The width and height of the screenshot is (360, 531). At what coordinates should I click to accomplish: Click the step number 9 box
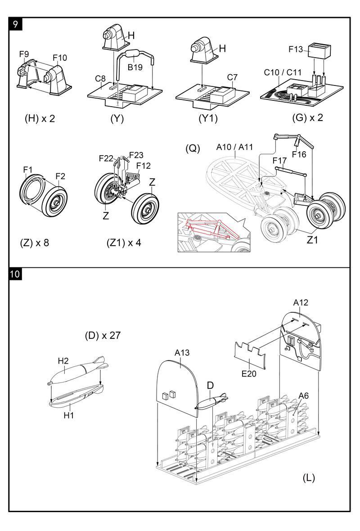click(15, 24)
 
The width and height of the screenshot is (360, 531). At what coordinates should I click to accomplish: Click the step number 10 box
click(15, 274)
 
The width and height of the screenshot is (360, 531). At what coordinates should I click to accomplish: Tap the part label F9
click(24, 54)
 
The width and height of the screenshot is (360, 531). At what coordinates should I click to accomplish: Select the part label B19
click(135, 67)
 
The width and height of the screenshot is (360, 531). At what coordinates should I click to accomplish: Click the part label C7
click(232, 77)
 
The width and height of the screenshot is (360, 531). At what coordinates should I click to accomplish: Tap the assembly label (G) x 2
click(308, 118)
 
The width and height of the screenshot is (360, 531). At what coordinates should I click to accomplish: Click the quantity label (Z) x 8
click(35, 243)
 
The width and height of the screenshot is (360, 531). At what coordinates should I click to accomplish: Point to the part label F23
click(136, 156)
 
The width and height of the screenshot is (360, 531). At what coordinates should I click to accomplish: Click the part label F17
click(280, 160)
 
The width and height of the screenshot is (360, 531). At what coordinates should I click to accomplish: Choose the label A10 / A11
click(234, 147)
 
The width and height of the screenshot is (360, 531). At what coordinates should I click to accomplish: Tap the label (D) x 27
click(103, 335)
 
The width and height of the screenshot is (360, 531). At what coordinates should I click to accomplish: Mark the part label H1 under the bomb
click(68, 415)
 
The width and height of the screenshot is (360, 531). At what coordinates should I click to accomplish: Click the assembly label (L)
click(309, 478)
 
